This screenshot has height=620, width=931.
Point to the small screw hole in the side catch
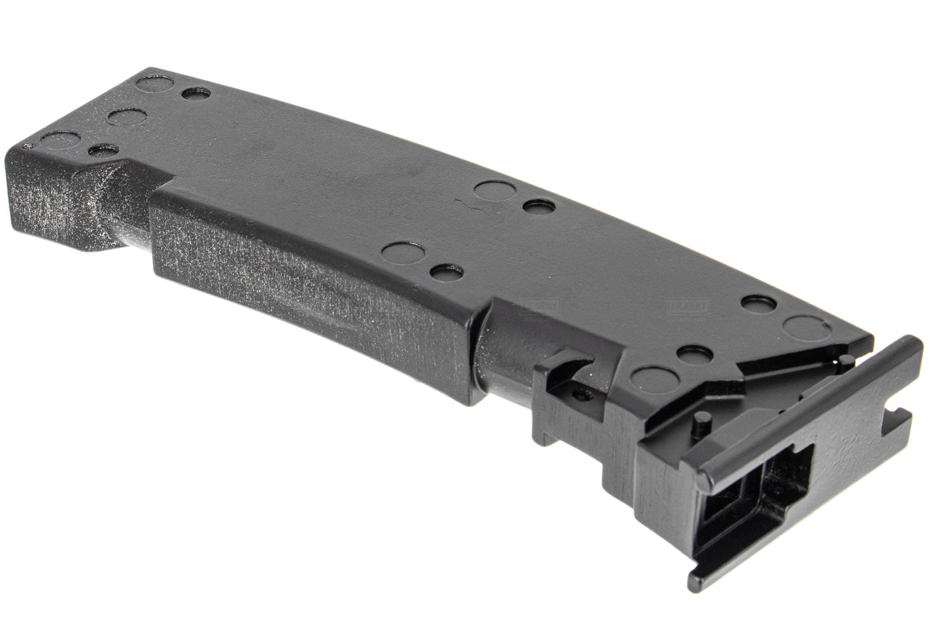tap(580, 395)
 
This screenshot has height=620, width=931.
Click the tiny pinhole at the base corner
tap(28, 146)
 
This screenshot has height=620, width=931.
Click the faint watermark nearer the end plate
tap(687, 306)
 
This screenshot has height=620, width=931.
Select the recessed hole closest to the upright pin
tap(695, 355)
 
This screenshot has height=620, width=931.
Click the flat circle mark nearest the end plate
tap(807, 329)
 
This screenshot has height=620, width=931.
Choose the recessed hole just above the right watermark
tap(759, 303)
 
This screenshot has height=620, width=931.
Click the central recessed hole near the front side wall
tap(446, 273)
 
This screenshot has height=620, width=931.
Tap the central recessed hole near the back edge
tap(538, 206)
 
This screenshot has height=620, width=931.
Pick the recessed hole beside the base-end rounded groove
tap(103, 150)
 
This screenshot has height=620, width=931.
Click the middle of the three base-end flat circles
tap(127, 116)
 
